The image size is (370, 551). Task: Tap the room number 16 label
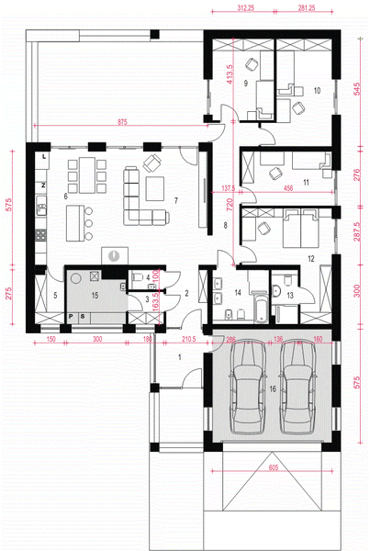click(x=272, y=389)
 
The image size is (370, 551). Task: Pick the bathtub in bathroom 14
click(x=260, y=304)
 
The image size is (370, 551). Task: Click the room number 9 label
click(x=246, y=82)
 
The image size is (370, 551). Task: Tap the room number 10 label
click(x=316, y=91)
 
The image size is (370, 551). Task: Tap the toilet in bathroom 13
click(x=287, y=279)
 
